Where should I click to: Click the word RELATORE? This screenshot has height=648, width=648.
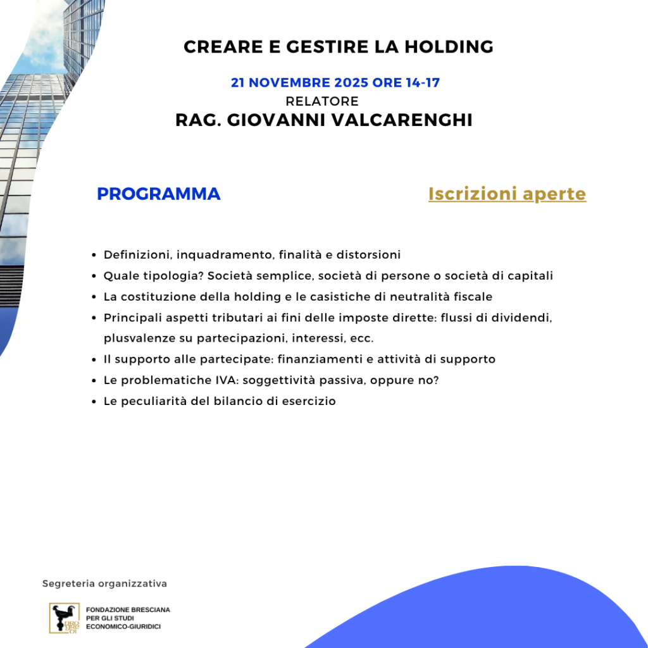tap(322, 101)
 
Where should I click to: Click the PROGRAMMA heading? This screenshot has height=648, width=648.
tap(159, 194)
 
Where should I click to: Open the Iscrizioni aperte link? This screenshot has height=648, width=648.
tap(507, 194)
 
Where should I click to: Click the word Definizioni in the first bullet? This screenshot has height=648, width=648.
tap(137, 255)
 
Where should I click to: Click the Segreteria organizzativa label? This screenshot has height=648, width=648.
tap(104, 583)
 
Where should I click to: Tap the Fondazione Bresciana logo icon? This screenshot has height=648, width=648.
tap(65, 618)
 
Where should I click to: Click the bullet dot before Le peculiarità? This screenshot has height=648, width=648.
tap(94, 402)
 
